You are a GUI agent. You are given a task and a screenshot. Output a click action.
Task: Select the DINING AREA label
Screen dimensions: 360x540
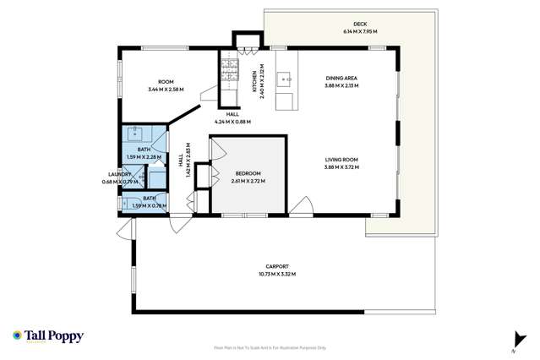coord(342,79)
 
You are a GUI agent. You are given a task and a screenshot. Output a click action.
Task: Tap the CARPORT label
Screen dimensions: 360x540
coord(277,266)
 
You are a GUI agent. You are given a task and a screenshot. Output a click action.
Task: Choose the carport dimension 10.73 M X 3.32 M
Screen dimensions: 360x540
coord(277,274)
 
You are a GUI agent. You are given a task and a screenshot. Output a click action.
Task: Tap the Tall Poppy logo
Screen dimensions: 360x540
coord(48,335)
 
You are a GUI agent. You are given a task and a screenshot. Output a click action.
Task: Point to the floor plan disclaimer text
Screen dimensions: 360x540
coord(270,347)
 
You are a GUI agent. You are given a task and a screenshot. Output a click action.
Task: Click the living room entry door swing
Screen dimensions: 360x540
coord(300,205)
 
